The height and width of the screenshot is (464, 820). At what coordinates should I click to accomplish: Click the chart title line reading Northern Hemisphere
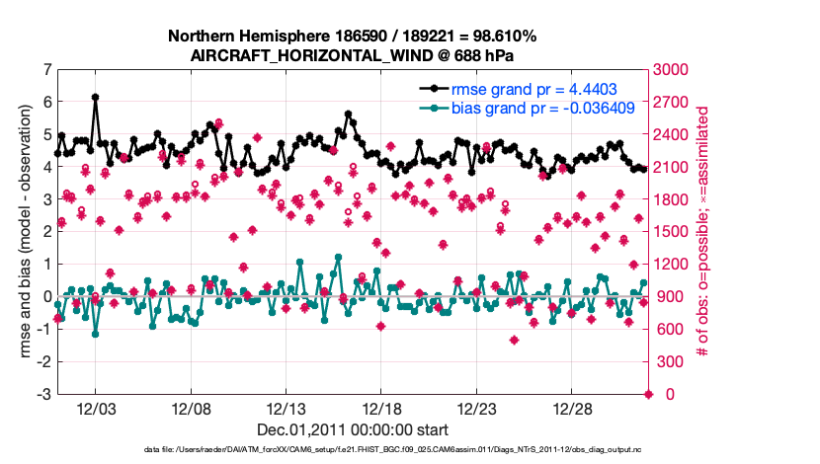(x=353, y=37)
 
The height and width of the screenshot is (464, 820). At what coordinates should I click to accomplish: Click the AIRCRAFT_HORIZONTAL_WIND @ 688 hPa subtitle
(x=353, y=55)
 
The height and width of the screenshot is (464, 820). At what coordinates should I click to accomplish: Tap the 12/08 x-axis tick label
(x=192, y=409)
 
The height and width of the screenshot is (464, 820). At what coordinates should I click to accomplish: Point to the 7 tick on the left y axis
(x=47, y=70)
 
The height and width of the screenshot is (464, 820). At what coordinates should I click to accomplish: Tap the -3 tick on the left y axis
(x=44, y=395)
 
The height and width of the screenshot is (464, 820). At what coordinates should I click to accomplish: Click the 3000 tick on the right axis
(x=673, y=70)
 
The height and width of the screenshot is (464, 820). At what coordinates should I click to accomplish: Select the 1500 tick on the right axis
(x=673, y=232)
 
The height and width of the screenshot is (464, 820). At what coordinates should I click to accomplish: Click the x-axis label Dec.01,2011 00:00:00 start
(x=353, y=429)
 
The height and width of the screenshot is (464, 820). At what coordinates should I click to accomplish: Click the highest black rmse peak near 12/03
(x=95, y=97)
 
